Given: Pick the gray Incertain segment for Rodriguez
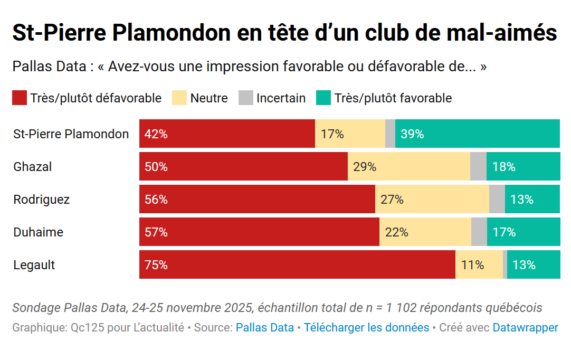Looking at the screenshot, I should coord(497,200).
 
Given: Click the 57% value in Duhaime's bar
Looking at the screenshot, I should coord(156,232).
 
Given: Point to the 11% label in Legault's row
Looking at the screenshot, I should coord(473,265).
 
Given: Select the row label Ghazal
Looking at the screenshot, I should coord(33,167).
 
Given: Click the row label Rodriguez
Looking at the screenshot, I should coord(42,200).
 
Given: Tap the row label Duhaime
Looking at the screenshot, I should coord(39,232).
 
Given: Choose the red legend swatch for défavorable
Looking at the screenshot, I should coord(20,98).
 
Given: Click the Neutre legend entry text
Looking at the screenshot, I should coord(209,98).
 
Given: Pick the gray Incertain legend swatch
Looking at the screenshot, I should coord(246,98).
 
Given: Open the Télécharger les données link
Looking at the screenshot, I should coord(367,328).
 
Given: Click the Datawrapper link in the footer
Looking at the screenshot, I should coord(525,328).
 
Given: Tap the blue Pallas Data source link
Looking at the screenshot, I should coord(265,328).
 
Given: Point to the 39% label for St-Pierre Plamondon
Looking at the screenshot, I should coord(412,134).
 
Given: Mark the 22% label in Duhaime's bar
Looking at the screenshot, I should coord(397,232).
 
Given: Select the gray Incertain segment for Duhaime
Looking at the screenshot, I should coord(479,232).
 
